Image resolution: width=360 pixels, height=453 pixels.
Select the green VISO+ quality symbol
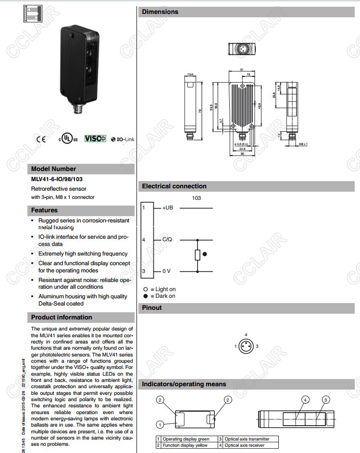tap(95, 138)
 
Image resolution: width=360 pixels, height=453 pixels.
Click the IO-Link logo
tap(123, 139)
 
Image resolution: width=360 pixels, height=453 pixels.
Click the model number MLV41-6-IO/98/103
tap(57, 180)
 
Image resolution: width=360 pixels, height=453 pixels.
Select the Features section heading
tap(44, 210)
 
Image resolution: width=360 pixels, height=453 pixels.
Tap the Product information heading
tap(62, 317)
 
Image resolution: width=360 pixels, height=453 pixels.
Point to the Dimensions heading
tap(160, 12)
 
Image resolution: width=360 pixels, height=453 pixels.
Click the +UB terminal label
tap(168, 208)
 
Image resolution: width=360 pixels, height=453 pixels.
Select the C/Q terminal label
tap(167, 239)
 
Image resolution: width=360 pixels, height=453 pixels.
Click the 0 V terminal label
tap(166, 271)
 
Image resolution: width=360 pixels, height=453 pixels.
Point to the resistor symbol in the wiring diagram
tap(197, 254)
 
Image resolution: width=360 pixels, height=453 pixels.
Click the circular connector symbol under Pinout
tap(246, 346)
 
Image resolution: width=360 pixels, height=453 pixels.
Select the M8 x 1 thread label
tap(303, 144)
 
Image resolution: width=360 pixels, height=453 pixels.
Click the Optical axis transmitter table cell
tap(247, 439)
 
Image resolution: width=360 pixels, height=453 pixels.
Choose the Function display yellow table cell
tap(185, 445)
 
